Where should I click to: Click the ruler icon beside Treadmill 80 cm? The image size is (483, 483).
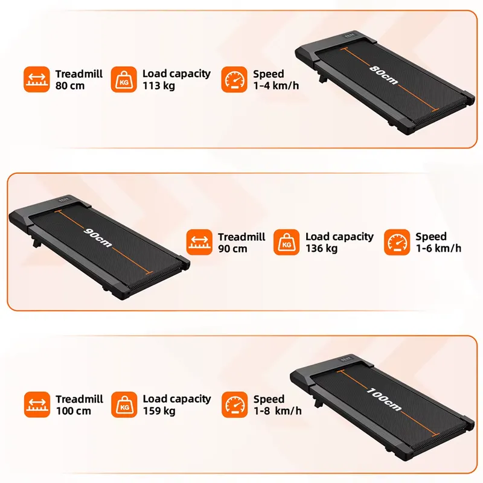tap(37, 79)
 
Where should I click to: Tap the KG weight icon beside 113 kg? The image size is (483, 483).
tap(124, 79)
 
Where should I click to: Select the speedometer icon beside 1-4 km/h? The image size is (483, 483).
tap(234, 79)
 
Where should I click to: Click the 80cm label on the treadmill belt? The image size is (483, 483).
tap(383, 75)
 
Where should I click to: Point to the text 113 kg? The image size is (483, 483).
tap(159, 86)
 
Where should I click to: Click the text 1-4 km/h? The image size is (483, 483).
tap(276, 86)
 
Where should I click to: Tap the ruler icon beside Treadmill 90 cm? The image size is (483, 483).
tap(199, 242)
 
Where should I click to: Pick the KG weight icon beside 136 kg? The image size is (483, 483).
tap(286, 242)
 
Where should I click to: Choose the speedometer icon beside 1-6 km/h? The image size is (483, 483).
tap(397, 242)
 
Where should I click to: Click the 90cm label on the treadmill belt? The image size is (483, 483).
tap(98, 237)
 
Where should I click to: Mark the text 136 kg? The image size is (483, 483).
tap(321, 248)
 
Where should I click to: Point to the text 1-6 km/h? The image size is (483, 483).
tap(439, 248)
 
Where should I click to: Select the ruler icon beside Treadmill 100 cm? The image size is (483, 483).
tap(37, 405)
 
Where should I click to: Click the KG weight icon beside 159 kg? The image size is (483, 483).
tap(124, 405)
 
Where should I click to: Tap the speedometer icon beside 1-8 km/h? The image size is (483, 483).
tap(234, 405)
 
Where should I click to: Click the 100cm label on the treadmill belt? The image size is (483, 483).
tap(384, 400)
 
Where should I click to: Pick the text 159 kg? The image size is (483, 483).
tap(159, 411)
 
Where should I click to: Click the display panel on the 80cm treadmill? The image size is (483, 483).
tap(351, 36)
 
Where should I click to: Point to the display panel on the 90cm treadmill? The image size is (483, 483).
tap(65, 200)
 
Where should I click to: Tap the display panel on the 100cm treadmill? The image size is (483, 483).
tap(346, 359)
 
